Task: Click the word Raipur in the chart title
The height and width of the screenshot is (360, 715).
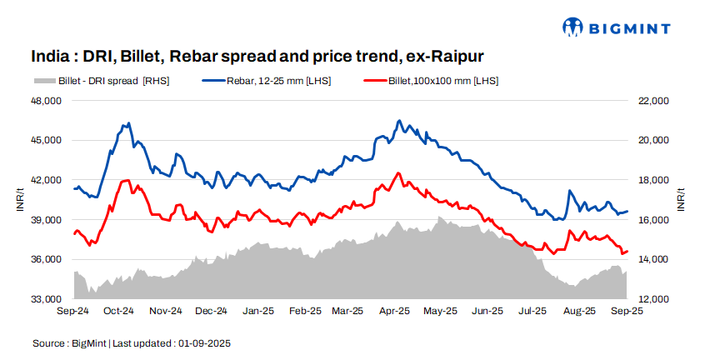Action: tap(456, 57)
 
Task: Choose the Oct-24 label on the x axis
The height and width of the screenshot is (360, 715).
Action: tap(119, 312)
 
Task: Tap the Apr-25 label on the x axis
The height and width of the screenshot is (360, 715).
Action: tap(396, 312)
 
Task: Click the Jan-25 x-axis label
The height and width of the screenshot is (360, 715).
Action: tap(257, 312)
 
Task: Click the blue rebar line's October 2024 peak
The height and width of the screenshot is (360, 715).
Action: tap(127, 123)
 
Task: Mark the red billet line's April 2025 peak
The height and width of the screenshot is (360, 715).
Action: tap(398, 172)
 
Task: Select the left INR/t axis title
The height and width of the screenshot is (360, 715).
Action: tap(20, 201)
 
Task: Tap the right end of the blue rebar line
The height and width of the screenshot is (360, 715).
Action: tap(627, 211)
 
